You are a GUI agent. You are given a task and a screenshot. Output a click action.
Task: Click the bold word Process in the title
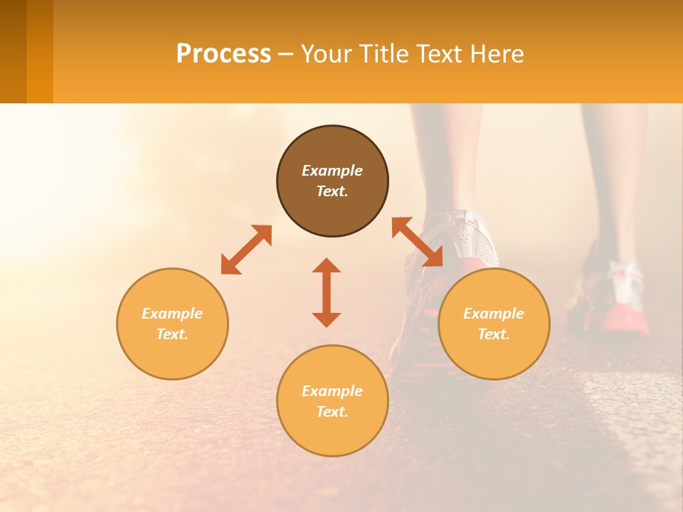[223, 54]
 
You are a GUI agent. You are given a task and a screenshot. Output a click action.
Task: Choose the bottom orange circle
[332, 434]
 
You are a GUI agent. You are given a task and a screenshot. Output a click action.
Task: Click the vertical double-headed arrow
[327, 292]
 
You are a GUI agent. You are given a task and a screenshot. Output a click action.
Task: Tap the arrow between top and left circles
[246, 250]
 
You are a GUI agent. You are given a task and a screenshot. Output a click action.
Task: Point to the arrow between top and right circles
[418, 242]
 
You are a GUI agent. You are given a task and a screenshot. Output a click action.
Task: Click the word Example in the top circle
[332, 171]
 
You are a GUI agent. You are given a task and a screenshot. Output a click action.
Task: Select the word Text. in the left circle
[172, 334]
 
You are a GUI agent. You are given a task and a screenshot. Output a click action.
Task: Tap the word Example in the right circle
[494, 314]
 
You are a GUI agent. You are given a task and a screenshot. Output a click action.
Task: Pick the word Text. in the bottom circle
[332, 412]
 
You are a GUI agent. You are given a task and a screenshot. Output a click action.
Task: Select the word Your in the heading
[325, 54]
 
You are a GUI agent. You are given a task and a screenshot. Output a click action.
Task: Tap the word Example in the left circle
[172, 314]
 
